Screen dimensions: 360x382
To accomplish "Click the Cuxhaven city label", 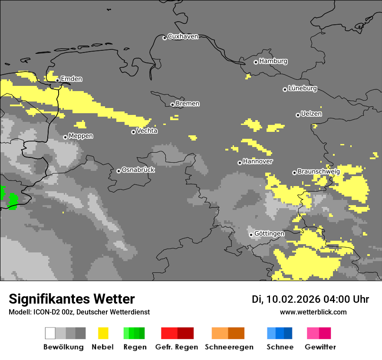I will click(183, 36).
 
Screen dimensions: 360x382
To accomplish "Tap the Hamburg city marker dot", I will click(256, 62).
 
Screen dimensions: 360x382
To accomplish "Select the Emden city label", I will click(71, 79).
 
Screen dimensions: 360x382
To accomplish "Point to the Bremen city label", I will click(188, 104).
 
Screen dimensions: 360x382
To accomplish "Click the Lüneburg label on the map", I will click(303, 88).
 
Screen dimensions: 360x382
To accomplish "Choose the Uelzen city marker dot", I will click(298, 115).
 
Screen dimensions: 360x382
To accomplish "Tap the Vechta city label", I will click(147, 131).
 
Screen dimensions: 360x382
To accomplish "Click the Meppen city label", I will click(81, 136).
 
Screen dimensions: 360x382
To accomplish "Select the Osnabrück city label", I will click(138, 170).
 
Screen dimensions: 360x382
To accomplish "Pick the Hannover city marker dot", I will click(240, 163).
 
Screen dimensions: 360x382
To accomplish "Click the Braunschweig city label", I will click(319, 172).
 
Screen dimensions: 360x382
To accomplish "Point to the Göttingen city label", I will click(269, 234).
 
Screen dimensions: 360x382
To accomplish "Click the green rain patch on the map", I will click(12, 201).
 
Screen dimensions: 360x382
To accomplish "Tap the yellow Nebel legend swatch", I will click(103, 333).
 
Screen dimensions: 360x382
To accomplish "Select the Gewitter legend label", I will click(320, 347).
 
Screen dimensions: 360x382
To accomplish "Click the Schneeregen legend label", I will click(229, 347).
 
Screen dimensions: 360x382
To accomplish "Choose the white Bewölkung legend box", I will click(50, 333).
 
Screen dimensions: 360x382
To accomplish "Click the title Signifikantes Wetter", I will click(72, 299).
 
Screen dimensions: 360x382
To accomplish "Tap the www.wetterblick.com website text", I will click(313, 312).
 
